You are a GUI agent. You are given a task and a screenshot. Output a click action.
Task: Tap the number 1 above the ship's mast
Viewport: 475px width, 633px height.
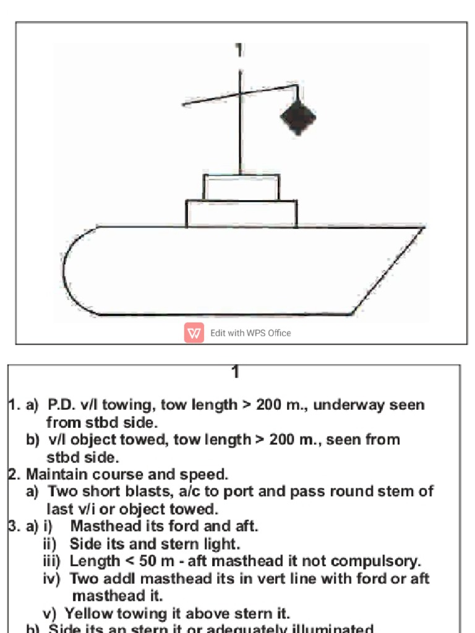tap(239, 50)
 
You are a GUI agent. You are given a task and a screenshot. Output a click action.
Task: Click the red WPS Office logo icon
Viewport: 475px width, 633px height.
tap(194, 333)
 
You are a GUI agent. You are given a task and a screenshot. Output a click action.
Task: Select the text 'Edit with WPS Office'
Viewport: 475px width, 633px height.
tap(250, 333)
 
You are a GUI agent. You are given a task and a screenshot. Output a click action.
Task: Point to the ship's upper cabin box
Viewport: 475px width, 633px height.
tap(241, 187)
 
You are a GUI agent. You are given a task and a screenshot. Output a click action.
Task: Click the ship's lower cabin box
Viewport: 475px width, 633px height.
tap(241, 213)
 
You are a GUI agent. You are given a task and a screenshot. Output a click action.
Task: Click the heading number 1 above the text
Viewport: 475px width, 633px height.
tap(235, 372)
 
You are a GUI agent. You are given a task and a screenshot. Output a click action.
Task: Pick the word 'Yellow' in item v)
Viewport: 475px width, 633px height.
tap(87, 613)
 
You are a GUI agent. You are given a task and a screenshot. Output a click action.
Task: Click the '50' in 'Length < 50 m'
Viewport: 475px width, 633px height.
tap(146, 561)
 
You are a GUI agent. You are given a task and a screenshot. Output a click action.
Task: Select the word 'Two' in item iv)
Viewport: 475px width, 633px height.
tap(83, 579)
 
